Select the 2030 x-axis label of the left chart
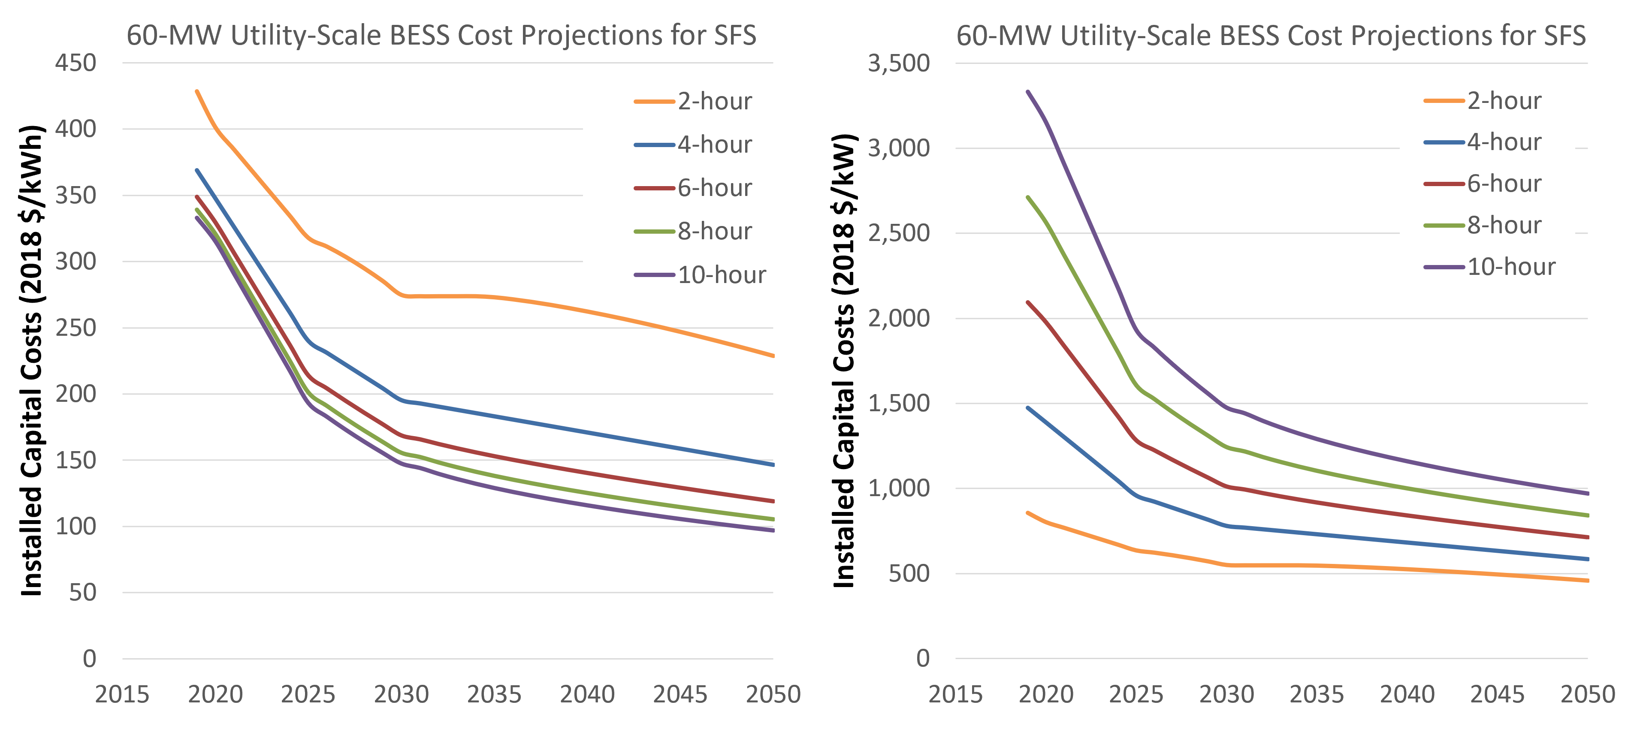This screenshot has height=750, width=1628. tap(401, 694)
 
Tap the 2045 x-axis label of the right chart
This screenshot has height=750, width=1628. tap(1497, 694)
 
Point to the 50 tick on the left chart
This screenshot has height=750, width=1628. tap(83, 592)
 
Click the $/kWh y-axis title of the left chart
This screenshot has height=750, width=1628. tap(32, 360)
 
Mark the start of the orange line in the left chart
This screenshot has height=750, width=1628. tap(197, 92)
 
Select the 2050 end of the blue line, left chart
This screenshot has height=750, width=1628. tap(773, 464)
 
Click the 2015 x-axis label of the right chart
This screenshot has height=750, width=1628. tap(955, 694)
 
